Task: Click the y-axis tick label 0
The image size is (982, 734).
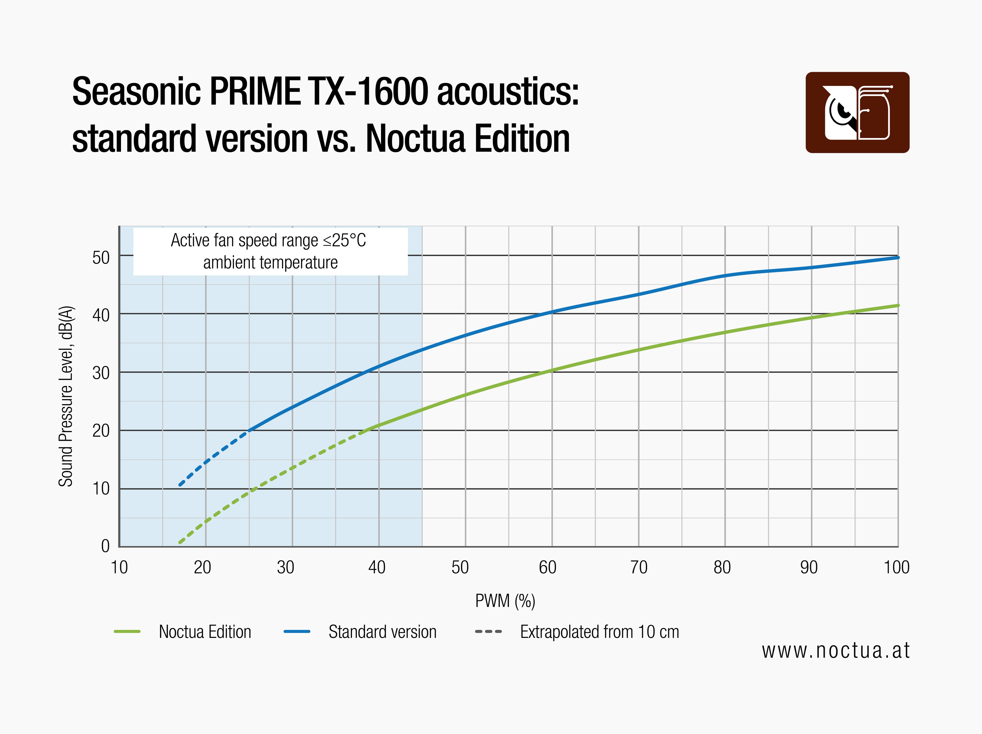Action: (105, 546)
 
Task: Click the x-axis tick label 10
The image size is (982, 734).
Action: (119, 567)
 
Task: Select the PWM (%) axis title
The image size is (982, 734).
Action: (505, 601)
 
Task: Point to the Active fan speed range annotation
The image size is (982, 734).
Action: (270, 251)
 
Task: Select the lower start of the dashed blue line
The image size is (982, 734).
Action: (180, 484)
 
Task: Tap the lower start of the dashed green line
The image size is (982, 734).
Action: (180, 542)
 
